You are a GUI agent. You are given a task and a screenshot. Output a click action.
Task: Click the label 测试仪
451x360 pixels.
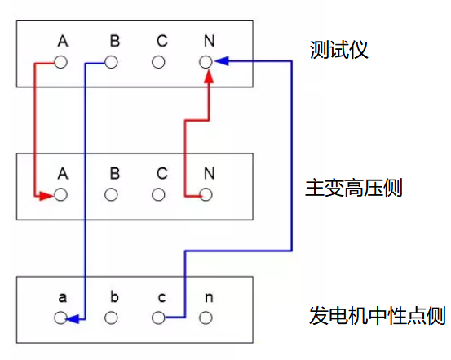pyautogui.click(x=338, y=50)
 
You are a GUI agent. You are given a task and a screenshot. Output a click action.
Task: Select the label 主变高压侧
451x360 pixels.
pyautogui.click(x=354, y=188)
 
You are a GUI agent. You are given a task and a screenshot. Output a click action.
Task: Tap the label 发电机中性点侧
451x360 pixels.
pyautogui.click(x=378, y=315)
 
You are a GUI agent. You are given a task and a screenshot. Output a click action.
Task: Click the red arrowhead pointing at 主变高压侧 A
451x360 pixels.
pyautogui.click(x=46, y=196)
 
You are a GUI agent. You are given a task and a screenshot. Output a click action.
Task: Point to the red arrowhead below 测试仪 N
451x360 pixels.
pyautogui.click(x=210, y=77)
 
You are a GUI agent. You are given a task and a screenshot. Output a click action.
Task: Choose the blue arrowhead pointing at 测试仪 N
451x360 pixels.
pyautogui.click(x=222, y=61)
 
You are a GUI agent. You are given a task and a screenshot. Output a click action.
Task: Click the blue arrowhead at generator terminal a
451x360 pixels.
pyautogui.click(x=73, y=319)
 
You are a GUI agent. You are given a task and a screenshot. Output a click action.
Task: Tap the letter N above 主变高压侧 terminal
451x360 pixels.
pyautogui.click(x=210, y=173)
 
